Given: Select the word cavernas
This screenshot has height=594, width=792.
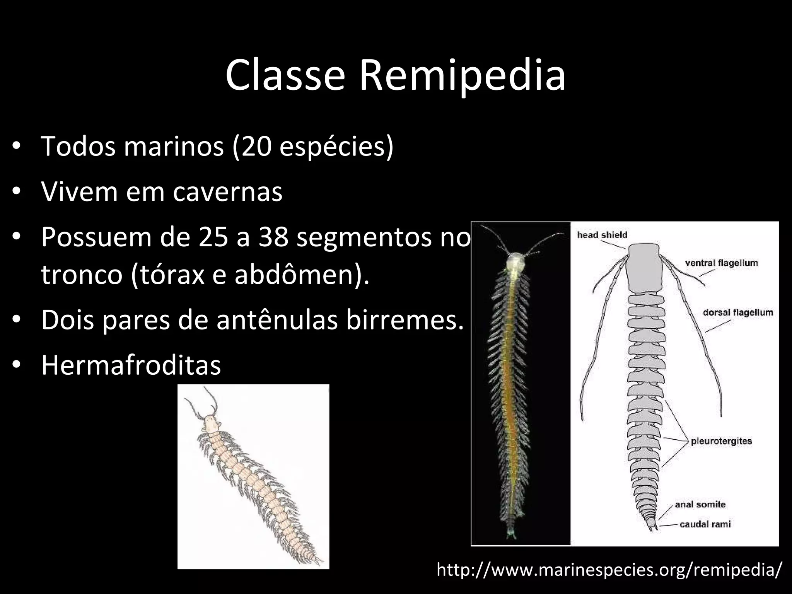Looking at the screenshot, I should [x=227, y=192].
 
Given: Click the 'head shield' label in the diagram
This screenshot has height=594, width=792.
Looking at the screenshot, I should [x=602, y=235].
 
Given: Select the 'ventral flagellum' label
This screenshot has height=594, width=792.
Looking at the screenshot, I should [x=722, y=263].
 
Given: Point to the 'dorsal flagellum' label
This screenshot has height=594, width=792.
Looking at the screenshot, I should [x=737, y=312].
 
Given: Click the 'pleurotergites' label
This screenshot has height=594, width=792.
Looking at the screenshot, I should [x=721, y=441].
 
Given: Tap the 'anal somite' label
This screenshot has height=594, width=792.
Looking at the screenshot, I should [x=700, y=504].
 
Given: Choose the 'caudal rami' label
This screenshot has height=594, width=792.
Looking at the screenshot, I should [x=705, y=524].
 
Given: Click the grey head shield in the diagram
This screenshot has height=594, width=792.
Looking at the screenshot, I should [x=644, y=267].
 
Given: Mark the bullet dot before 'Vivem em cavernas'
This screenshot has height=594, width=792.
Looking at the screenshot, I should [x=16, y=192].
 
